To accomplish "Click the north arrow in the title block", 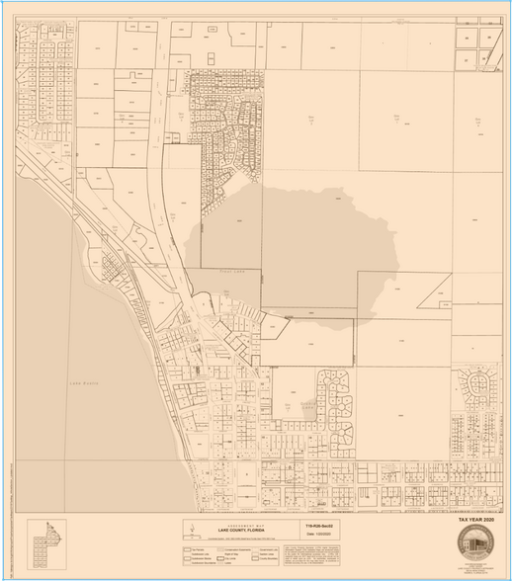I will click(188, 531).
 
